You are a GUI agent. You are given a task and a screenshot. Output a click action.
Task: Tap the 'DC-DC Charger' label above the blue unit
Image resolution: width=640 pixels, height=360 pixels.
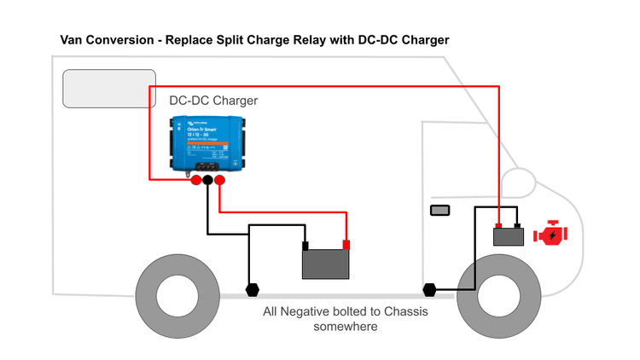point(213,101)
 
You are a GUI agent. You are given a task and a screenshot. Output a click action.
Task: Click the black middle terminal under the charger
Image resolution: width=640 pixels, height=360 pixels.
point(207,180)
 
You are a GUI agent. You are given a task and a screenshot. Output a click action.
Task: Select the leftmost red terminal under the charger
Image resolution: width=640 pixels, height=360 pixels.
point(195,180)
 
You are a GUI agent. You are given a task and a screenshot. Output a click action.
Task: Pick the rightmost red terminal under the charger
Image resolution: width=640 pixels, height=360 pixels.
point(219,180)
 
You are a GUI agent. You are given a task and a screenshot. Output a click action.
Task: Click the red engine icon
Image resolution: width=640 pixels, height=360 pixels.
point(550,234)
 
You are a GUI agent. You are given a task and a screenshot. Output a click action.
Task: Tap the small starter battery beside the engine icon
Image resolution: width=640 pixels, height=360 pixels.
point(509,236)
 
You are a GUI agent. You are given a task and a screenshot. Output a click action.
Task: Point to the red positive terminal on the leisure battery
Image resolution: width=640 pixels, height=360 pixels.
point(346,246)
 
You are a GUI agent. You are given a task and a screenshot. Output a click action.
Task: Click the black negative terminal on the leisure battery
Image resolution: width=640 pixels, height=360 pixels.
point(306,246)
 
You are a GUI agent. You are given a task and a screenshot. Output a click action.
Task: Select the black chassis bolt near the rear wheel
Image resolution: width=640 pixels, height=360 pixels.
point(253,289)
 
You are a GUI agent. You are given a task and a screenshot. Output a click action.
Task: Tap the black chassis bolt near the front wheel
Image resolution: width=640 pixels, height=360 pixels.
point(429,289)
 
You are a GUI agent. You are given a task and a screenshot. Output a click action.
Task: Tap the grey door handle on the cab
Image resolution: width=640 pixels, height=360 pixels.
point(439,210)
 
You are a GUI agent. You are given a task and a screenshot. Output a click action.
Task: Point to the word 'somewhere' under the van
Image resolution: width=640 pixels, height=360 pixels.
point(346,327)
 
